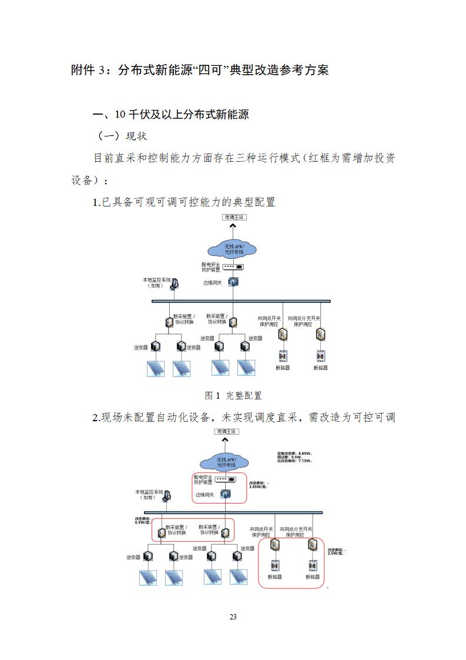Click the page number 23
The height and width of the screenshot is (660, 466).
pyautogui.click(x=233, y=617)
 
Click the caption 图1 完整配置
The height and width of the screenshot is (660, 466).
pyautogui.click(x=233, y=395)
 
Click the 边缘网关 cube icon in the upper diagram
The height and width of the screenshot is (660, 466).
pyautogui.click(x=233, y=282)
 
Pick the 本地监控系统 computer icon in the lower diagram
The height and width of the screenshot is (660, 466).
pyautogui.click(x=167, y=495)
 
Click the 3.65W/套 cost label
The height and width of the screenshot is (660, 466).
pyautogui.click(x=258, y=486)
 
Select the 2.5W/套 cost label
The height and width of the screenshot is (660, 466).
pyautogui.click(x=336, y=552)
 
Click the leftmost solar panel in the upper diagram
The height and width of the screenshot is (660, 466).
pyautogui.click(x=155, y=368)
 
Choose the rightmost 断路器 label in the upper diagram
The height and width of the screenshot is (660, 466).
pyautogui.click(x=320, y=368)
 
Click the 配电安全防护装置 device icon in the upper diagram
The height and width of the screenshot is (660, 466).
pyautogui.click(x=233, y=266)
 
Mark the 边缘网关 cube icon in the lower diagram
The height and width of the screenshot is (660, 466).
pyautogui.click(x=224, y=494)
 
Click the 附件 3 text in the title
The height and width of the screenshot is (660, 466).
pyautogui.click(x=89, y=70)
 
